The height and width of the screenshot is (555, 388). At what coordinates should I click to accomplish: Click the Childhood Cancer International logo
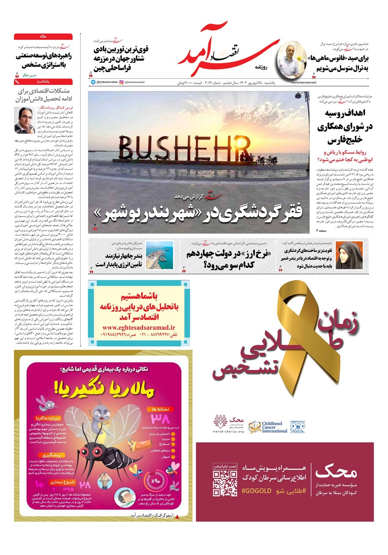[x=268, y=427]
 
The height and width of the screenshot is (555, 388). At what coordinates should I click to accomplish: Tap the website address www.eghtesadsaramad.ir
[x=138, y=328]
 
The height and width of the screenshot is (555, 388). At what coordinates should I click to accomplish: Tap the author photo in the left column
[x=25, y=120]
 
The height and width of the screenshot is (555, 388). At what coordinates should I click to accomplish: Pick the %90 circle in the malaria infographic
[x=155, y=481]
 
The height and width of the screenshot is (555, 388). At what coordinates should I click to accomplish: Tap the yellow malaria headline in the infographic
[x=104, y=390]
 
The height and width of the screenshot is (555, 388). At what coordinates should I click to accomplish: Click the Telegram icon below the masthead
[x=93, y=82]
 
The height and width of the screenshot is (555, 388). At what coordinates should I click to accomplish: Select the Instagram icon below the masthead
[x=121, y=82]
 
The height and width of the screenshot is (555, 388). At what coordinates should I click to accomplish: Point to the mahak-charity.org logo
[x=229, y=424]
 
